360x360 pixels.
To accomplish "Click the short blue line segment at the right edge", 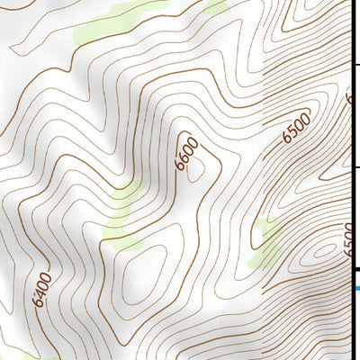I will (355, 288).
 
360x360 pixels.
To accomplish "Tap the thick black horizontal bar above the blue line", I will (355, 268).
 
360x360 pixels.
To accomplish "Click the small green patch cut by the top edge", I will (216, 5).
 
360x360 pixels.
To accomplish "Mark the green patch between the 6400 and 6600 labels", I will (121, 220).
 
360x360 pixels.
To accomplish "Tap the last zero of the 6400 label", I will (48, 275).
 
